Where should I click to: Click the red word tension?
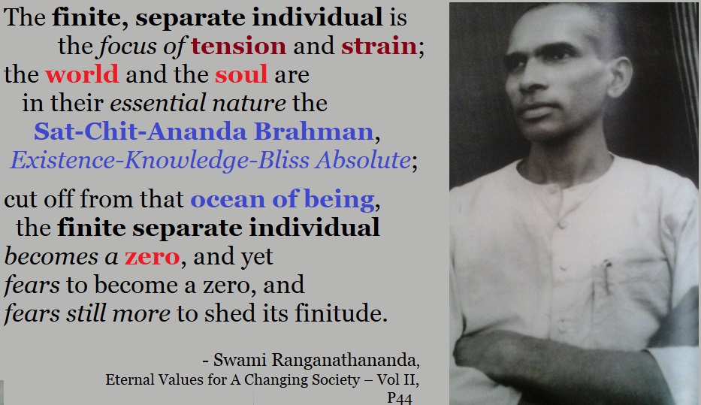click(x=239, y=46)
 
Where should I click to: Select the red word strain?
click(x=379, y=46)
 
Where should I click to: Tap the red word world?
click(x=82, y=74)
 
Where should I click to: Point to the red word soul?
click(x=241, y=74)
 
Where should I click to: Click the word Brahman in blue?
click(x=314, y=131)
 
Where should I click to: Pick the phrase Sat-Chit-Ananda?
click(x=141, y=131)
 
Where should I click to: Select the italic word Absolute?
click(x=363, y=160)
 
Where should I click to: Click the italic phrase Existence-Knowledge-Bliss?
click(x=159, y=161)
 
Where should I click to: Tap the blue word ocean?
click(x=228, y=200)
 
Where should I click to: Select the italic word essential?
click(x=158, y=103)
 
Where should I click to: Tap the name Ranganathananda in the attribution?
click(x=344, y=360)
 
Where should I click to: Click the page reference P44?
click(x=400, y=398)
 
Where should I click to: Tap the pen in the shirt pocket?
click(x=606, y=275)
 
